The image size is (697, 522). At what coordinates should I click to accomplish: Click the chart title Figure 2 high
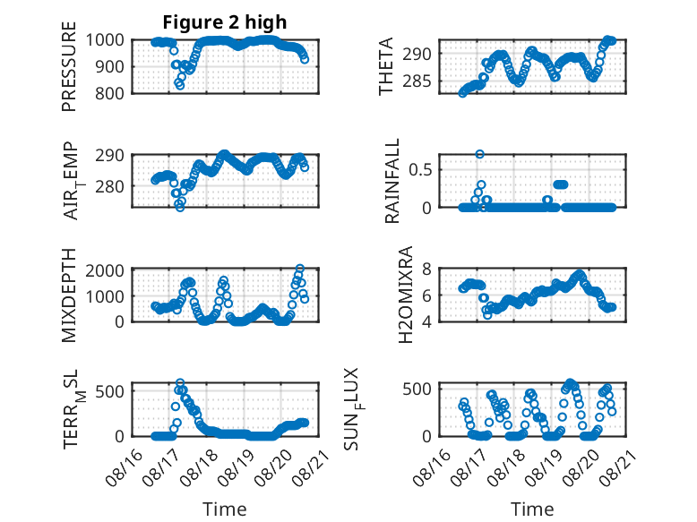pos(225,22)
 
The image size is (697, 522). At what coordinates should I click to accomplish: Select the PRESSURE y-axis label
pos(69,66)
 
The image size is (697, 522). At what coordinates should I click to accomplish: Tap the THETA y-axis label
pos(386,66)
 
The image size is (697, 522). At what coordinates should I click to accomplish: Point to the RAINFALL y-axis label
pos(392,181)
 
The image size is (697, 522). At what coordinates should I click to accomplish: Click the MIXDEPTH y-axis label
pos(69,295)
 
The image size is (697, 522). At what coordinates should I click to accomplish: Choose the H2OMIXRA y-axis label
pos(406,295)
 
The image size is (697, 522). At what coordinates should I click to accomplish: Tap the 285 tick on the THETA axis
pos(417,81)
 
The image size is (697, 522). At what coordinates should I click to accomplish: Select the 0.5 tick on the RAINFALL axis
pos(420,170)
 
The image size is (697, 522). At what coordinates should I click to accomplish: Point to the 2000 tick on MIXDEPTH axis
pos(105,270)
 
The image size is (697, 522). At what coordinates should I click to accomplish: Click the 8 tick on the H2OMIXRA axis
pos(426,269)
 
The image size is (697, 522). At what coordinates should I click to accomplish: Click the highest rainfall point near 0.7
pos(479,154)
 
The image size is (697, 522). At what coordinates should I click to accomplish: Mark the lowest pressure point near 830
pos(179,85)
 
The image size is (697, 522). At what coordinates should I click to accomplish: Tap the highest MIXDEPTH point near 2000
pos(300,269)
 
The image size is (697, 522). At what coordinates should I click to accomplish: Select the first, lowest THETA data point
pos(463,93)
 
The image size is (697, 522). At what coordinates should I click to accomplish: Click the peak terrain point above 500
pos(180,382)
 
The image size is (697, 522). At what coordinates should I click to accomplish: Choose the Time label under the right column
pos(532,509)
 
